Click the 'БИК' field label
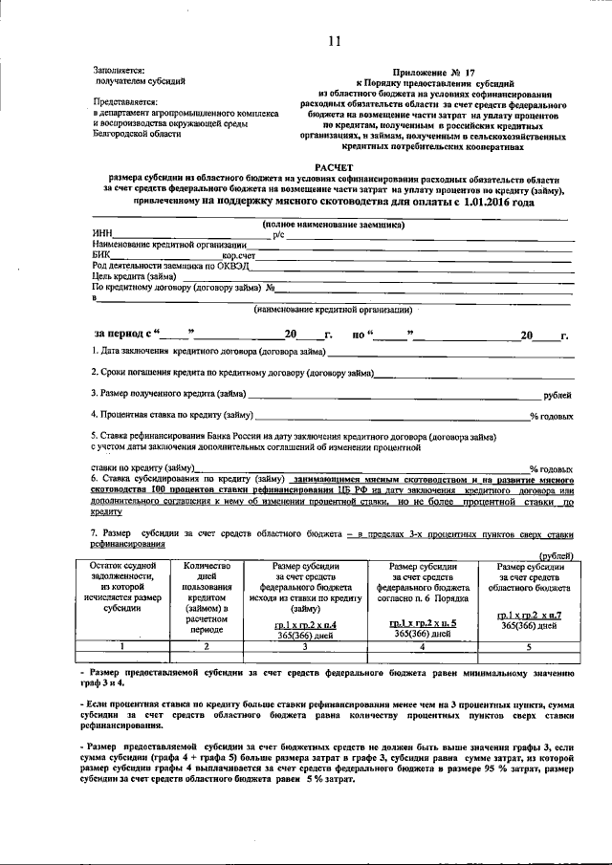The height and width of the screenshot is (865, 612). tap(101, 256)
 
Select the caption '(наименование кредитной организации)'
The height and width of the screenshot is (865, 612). tap(334, 310)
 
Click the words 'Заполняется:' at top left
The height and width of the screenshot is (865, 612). tap(119, 70)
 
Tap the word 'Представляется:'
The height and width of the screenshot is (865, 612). tap(124, 101)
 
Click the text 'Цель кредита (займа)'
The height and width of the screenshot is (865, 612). tap(134, 277)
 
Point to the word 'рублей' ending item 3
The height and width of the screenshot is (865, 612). tap(557, 395)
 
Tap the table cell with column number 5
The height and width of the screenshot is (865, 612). tap(529, 646)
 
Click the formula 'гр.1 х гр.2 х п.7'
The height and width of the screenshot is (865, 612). tap(529, 615)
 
